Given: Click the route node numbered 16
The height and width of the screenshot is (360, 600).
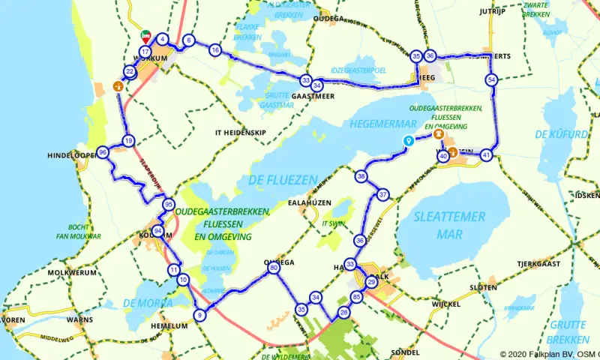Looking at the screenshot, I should click(x=215, y=50).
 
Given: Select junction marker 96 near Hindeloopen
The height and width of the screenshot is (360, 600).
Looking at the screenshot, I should click(x=103, y=152).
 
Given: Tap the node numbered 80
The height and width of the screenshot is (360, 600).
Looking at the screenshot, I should click(x=274, y=268).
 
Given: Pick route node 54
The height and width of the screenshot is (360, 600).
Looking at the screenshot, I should click(x=491, y=79).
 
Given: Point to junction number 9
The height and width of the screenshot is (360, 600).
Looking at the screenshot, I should click(x=199, y=316).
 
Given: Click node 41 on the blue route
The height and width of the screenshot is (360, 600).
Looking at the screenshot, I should click(x=487, y=155).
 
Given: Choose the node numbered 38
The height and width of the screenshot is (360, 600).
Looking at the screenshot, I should click(x=361, y=177).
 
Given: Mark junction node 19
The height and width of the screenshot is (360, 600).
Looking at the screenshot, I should click(x=129, y=140).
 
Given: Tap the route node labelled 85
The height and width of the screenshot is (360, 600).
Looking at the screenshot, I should click(x=356, y=298).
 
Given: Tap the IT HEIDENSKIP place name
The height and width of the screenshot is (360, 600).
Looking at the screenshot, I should click(x=240, y=132).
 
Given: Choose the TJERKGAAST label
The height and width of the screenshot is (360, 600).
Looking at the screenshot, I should click(x=538, y=264).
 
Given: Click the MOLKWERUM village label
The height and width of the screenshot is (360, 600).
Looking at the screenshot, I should click(x=72, y=273).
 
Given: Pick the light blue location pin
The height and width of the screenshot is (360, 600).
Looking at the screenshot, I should click(x=408, y=140).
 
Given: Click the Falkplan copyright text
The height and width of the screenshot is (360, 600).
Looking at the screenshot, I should click(x=549, y=354).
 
